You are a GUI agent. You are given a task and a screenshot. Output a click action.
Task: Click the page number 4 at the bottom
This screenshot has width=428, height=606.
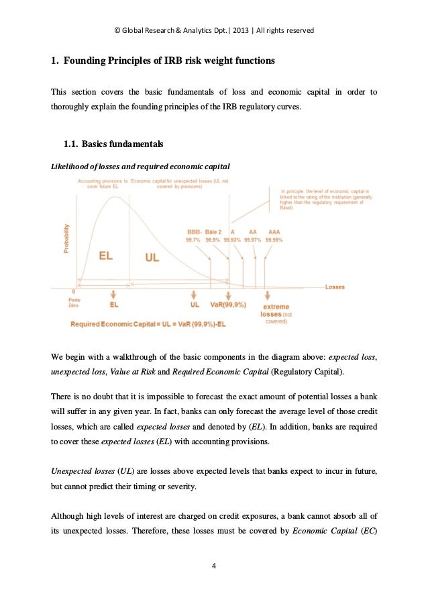(213, 566)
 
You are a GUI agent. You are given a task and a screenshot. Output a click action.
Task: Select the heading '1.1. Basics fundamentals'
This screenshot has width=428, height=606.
(113, 144)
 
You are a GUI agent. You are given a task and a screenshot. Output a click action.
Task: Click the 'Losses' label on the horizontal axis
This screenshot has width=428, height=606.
(335, 287)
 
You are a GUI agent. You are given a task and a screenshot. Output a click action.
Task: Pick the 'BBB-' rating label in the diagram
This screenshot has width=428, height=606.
(193, 232)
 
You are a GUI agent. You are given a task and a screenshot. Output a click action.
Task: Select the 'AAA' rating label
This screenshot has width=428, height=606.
(274, 232)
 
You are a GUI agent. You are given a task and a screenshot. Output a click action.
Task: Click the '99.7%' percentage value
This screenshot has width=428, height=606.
(193, 240)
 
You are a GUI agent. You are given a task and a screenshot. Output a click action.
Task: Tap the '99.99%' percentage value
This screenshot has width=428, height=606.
(274, 240)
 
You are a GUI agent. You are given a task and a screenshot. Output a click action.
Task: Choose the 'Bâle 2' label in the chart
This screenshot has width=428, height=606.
(213, 232)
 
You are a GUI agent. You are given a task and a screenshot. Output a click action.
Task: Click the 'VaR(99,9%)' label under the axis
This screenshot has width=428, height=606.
(228, 305)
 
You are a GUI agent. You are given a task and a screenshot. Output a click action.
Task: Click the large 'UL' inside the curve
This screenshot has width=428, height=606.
(152, 258)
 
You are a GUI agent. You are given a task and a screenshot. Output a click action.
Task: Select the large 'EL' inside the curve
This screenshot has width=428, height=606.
(105, 256)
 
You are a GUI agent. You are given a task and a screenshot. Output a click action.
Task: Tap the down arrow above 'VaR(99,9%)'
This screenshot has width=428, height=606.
(229, 294)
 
